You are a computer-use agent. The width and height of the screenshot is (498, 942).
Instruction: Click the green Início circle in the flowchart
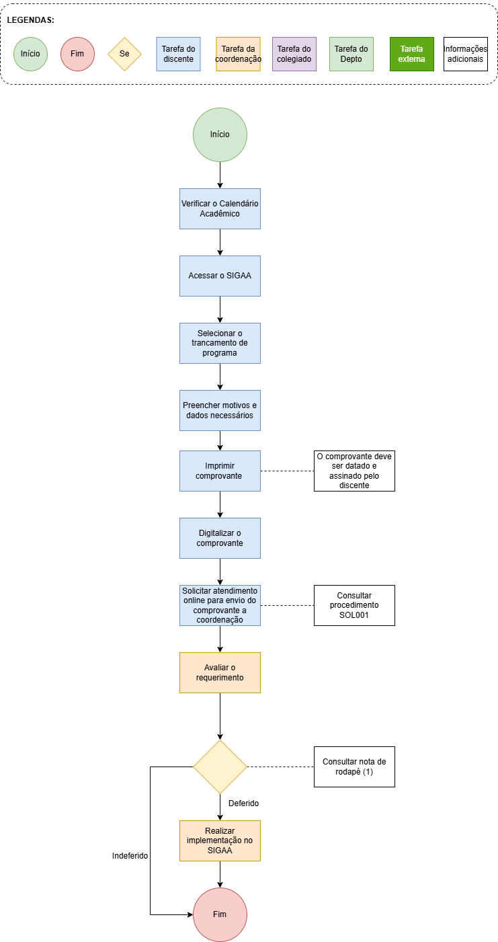220,134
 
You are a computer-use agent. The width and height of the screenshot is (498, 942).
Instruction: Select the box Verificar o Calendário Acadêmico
220,208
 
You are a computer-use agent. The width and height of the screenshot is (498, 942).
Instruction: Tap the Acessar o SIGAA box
220,276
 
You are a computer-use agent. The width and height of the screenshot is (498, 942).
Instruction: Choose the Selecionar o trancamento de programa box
220,343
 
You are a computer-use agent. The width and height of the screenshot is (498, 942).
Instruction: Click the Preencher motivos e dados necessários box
220,410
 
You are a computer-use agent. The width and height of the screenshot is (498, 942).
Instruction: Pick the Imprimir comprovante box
220,471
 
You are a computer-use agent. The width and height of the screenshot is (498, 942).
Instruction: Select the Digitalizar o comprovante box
220,539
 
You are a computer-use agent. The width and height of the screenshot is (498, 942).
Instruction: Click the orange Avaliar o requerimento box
220,673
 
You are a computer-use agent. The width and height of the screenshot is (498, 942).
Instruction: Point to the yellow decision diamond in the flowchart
220,767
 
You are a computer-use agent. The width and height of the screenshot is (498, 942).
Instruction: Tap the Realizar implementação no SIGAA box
220,841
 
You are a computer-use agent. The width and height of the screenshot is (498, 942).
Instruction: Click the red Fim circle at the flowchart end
220,914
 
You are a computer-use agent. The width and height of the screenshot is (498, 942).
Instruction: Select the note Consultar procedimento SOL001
354,606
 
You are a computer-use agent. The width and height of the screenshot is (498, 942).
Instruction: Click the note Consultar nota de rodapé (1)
354,767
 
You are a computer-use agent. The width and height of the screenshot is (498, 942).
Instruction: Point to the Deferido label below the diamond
243,803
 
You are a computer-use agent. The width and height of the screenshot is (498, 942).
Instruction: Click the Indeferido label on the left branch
130,856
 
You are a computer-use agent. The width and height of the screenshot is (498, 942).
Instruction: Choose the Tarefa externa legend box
412,54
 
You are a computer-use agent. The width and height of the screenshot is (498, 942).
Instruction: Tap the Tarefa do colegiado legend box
294,54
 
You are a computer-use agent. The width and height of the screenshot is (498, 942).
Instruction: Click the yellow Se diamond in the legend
124,54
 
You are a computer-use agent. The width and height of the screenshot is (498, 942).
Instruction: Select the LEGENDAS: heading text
31,20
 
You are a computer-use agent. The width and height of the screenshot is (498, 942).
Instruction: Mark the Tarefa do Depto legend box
351,54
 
